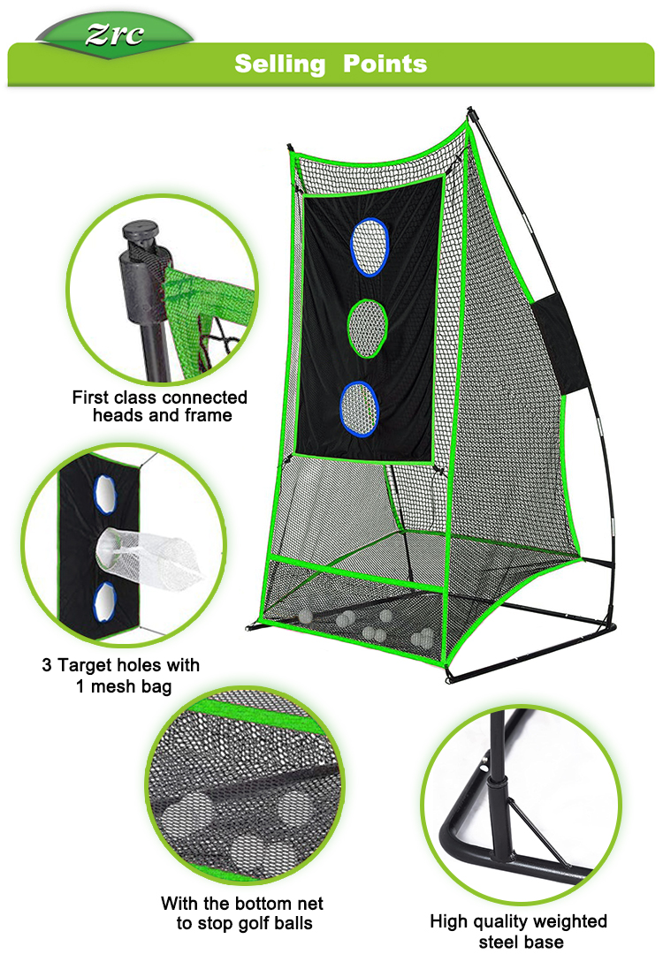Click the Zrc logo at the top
click(x=114, y=34)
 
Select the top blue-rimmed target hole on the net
click(x=370, y=247)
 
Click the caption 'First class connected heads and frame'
click(x=160, y=405)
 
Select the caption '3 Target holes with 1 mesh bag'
click(x=121, y=674)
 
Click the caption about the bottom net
click(x=241, y=913)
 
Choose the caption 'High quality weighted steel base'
click(x=519, y=932)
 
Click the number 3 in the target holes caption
click(x=47, y=664)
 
